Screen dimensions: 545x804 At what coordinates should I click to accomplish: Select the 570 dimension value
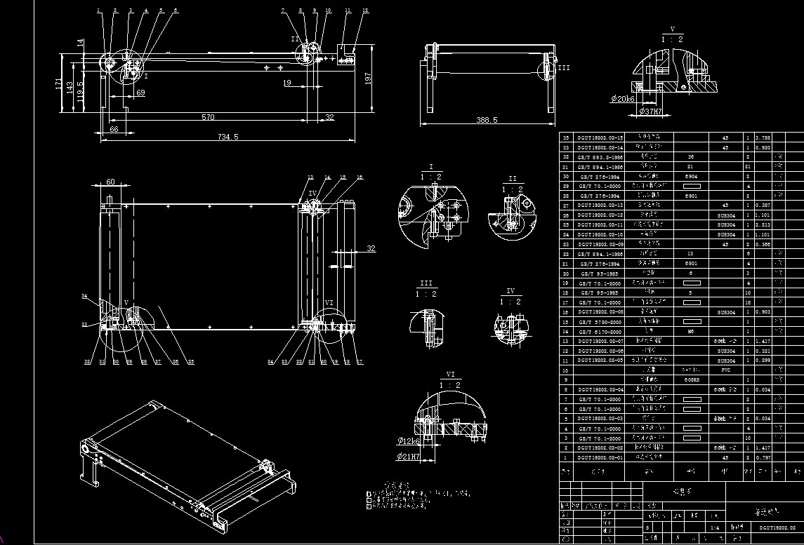coord(208,117)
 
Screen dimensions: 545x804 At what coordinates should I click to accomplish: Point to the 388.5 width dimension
coord(487,121)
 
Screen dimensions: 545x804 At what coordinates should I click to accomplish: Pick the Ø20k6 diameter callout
coord(623,100)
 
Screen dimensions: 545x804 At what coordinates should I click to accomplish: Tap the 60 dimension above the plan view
coord(110,182)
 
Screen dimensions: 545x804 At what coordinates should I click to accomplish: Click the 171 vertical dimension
coord(58,83)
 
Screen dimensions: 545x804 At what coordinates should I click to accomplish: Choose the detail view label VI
coord(450,375)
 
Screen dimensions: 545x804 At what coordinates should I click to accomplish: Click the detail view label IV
coord(510,291)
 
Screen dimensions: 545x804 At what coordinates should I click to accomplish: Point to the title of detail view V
coord(672,29)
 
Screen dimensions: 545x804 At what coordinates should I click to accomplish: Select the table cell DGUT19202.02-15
coord(600,138)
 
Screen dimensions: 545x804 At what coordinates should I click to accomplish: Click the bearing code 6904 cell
coord(691,177)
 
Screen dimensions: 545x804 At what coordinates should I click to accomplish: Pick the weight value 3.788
coord(763,138)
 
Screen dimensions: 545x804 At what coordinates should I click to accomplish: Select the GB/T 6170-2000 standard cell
coord(600,331)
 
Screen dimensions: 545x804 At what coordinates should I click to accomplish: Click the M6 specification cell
coord(691,331)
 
